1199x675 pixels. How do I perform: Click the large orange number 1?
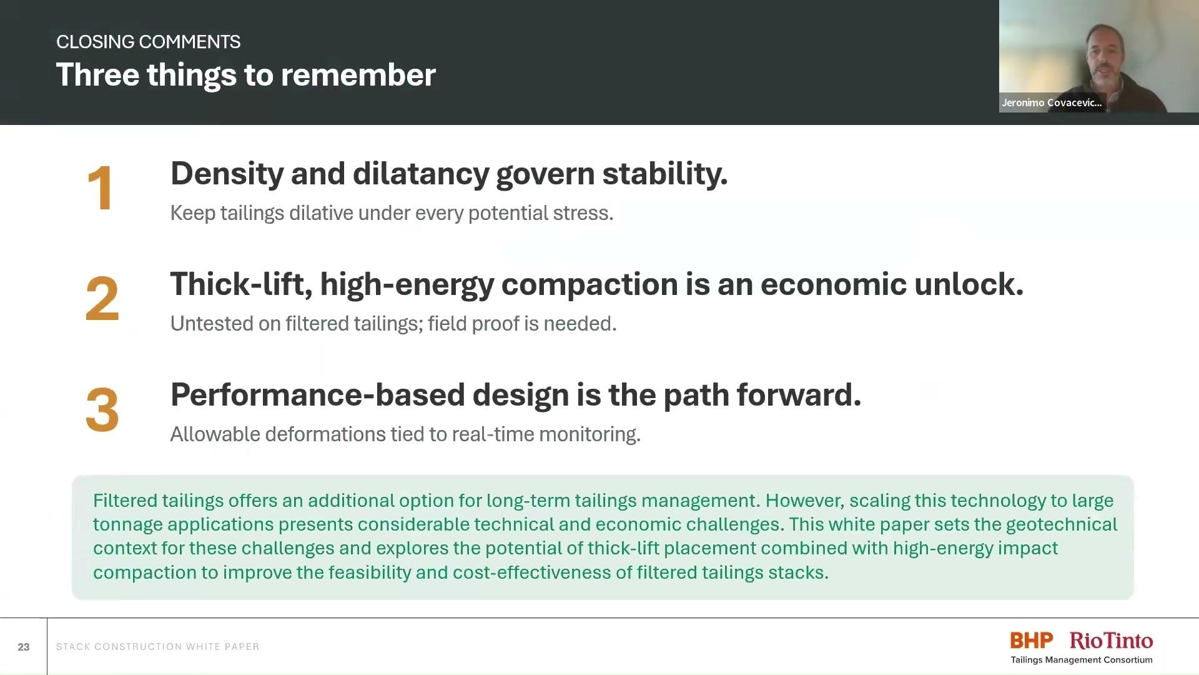(101, 188)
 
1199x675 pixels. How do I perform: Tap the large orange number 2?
(102, 299)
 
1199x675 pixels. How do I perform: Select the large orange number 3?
(102, 409)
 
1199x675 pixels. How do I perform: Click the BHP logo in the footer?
(1032, 640)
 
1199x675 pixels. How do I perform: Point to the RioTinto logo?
(1112, 640)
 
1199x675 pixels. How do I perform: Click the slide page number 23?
(24, 647)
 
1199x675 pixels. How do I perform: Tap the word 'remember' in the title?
(358, 75)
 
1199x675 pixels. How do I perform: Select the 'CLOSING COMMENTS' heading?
(148, 42)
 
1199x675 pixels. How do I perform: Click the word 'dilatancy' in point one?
(420, 174)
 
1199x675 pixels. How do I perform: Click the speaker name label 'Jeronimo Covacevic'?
(1052, 102)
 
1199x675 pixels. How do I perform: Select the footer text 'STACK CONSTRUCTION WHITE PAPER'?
(157, 647)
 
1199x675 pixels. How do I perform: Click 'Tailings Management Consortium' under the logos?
(1082, 660)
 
